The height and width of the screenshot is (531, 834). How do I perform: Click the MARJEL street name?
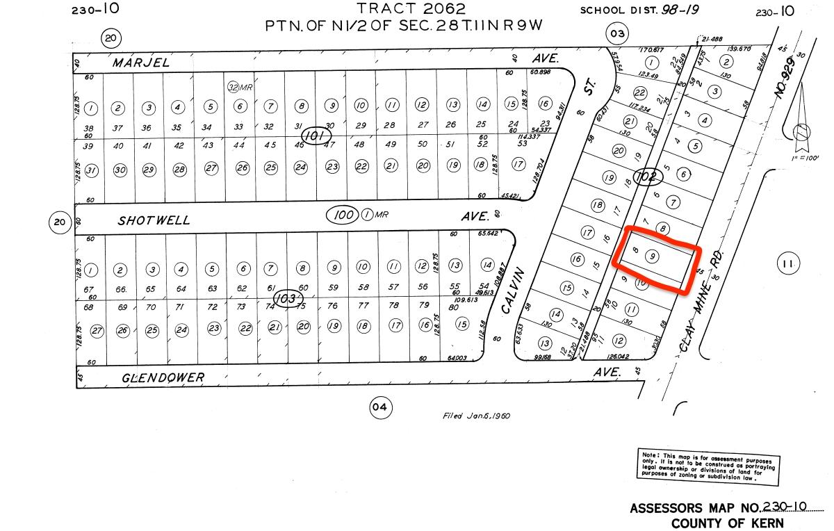(142, 63)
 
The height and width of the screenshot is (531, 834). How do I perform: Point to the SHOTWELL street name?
(154, 220)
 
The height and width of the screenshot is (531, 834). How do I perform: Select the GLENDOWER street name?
(163, 377)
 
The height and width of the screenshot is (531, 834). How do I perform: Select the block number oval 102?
(646, 177)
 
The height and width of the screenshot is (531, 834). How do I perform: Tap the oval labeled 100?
(345, 215)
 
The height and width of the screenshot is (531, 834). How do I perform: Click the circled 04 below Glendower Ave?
(378, 407)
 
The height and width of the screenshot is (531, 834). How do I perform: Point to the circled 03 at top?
(616, 33)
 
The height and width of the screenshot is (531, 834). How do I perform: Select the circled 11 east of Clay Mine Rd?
(787, 263)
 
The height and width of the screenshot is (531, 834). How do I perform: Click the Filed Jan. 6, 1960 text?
(476, 416)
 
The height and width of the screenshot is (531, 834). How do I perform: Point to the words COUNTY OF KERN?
(728, 523)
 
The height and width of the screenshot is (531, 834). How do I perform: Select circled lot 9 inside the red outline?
(652, 256)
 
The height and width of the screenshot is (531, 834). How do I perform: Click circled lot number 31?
(92, 171)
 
